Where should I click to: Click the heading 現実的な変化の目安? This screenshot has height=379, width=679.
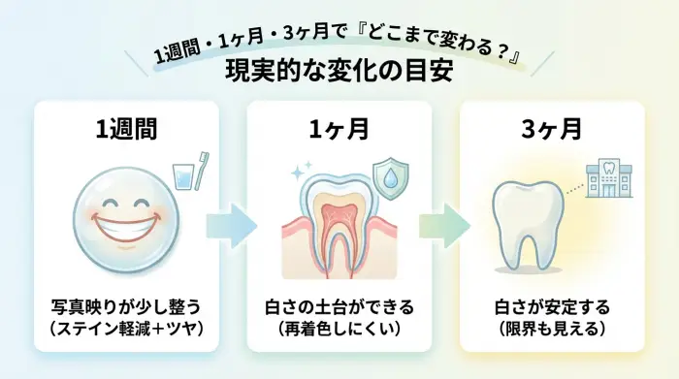pyautogui.click(x=339, y=72)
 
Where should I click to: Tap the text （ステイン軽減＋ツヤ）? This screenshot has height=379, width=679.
pyautogui.click(x=126, y=331)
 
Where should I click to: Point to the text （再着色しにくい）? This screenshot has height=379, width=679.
pyautogui.click(x=339, y=331)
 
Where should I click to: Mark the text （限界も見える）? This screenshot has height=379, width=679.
pyautogui.click(x=551, y=331)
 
